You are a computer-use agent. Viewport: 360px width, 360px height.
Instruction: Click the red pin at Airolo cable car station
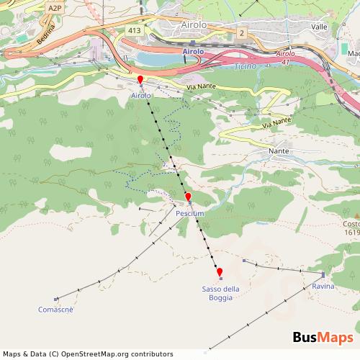click(x=140, y=79)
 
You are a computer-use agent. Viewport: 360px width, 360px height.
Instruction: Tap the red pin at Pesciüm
click(x=188, y=197)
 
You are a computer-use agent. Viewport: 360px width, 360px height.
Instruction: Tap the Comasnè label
click(x=55, y=310)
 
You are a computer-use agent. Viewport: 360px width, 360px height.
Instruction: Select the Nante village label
click(x=279, y=151)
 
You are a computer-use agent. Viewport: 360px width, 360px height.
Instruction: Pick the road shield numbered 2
click(x=243, y=32)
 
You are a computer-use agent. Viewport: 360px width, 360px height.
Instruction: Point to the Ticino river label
click(x=246, y=67)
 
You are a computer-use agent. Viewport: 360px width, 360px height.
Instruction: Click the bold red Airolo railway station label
click(x=194, y=52)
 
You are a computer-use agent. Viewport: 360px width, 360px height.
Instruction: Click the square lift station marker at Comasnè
click(x=55, y=299)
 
